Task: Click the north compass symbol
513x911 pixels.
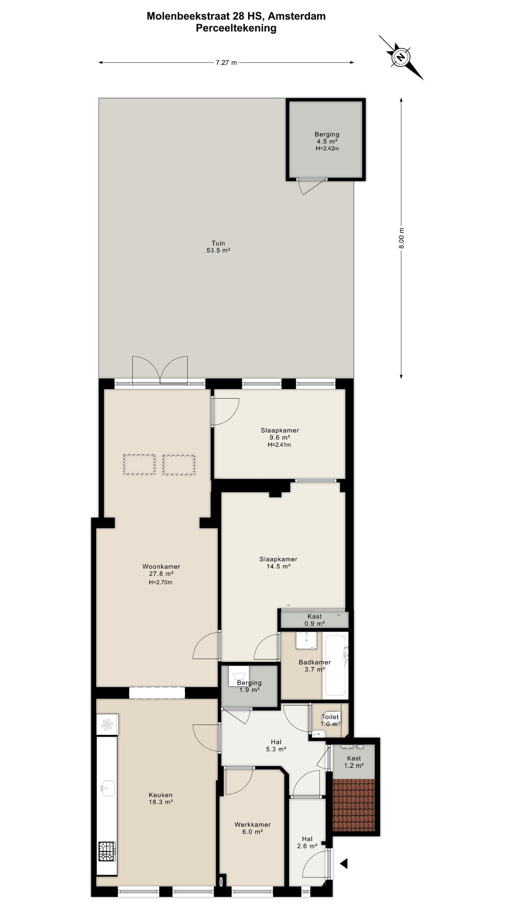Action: click(x=401, y=57)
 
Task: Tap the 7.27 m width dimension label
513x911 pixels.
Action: click(x=226, y=63)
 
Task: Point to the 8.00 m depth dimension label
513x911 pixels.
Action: click(x=401, y=238)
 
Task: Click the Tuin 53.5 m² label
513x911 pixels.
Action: click(x=218, y=247)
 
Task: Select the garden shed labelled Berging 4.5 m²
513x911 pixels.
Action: click(x=326, y=139)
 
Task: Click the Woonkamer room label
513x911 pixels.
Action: click(x=161, y=566)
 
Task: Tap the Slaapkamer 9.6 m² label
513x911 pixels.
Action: click(x=280, y=437)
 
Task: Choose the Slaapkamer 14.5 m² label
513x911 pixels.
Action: click(x=278, y=563)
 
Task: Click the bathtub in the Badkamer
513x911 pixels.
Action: click(x=335, y=665)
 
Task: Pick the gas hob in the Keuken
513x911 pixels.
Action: click(x=107, y=851)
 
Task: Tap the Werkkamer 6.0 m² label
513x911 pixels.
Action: click(x=252, y=828)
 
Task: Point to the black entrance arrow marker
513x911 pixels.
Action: click(x=343, y=863)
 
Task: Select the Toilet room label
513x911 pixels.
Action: click(x=330, y=717)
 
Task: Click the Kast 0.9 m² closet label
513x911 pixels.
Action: click(x=314, y=620)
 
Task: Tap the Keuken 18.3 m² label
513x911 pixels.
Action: click(x=160, y=798)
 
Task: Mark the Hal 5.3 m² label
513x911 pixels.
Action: click(x=276, y=745)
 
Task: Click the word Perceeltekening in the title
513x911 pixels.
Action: click(x=236, y=28)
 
